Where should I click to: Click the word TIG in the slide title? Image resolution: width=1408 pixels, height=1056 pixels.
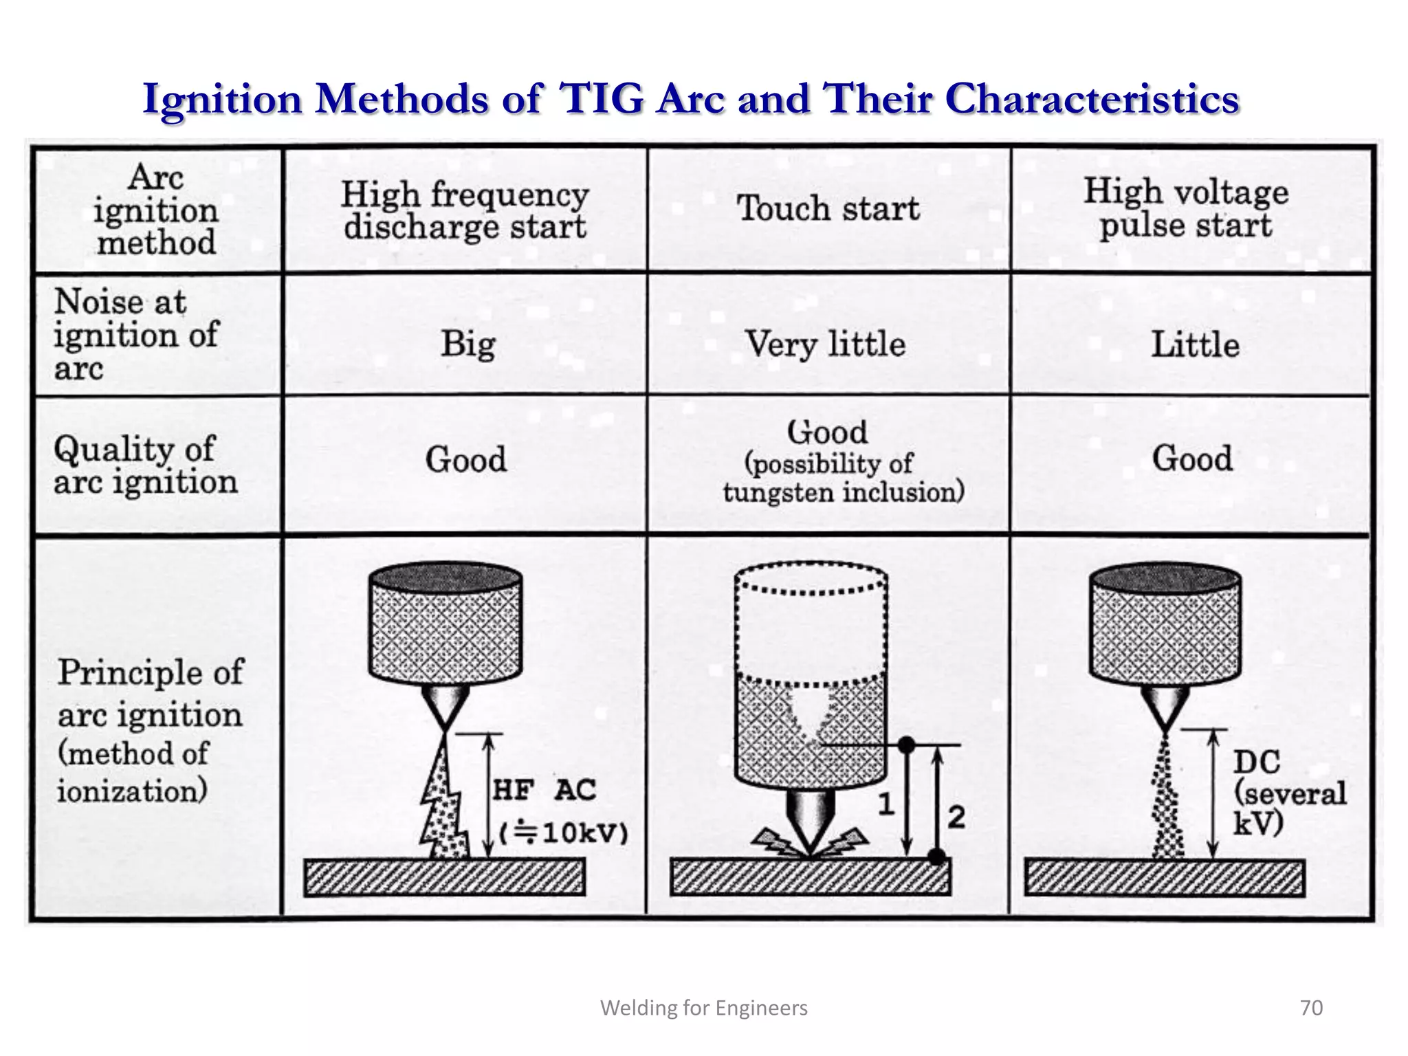[x=602, y=98]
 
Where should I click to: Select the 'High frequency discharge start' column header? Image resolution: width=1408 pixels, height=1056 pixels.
[x=465, y=210]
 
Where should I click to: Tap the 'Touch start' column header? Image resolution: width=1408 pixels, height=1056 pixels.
[x=828, y=208]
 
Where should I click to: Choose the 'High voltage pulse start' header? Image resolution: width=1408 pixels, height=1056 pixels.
[x=1186, y=208]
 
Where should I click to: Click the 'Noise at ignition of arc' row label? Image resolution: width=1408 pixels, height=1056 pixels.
[x=136, y=335]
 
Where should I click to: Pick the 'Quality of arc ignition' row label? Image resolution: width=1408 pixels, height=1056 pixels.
[x=144, y=465]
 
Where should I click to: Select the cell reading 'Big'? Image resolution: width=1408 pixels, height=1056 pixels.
[x=467, y=344]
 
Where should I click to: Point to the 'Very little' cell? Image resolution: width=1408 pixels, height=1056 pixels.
[x=825, y=344]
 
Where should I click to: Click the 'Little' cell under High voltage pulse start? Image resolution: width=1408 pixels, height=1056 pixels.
[x=1195, y=344]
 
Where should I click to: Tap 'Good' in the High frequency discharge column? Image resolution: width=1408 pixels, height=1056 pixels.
[x=465, y=459]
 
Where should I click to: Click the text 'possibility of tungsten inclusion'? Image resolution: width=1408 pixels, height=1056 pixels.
[x=843, y=478]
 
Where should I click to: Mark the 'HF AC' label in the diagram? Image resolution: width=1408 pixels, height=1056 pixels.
[x=544, y=790]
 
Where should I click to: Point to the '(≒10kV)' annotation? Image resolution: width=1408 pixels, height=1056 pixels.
[x=563, y=834]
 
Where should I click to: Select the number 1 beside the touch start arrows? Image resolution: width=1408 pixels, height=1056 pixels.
[x=885, y=803]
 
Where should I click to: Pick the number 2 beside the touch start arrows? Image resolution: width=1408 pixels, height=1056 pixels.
[x=956, y=817]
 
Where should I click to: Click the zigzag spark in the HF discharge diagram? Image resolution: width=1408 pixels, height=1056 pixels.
[x=444, y=804]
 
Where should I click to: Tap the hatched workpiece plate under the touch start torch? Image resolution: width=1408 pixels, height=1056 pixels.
[x=810, y=877]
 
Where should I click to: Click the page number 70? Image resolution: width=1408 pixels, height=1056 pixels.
[x=1311, y=1008]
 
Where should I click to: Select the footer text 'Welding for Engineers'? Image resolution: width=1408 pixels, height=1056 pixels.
[x=704, y=1008]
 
